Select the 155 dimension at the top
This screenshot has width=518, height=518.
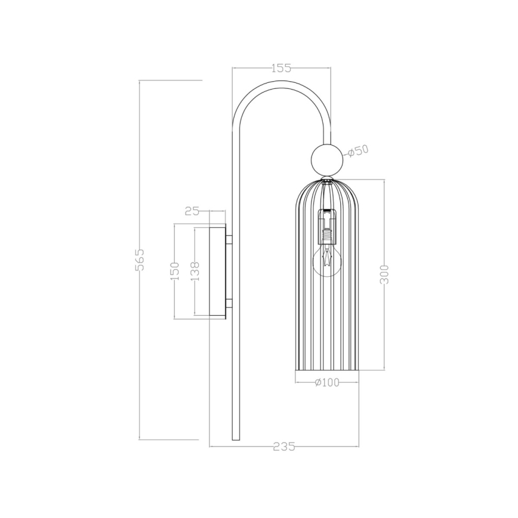281,68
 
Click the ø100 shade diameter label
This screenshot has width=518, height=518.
326,383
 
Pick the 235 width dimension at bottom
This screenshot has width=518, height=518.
283,446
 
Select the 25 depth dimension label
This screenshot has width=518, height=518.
192,211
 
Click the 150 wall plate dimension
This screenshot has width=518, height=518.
175,272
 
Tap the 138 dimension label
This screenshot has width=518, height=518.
195,272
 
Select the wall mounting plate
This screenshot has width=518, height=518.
217,272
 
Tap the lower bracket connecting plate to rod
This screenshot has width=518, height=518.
229,303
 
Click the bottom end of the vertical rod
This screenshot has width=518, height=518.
235,439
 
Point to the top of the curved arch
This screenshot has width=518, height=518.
281,84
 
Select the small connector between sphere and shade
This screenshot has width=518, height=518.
327,177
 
